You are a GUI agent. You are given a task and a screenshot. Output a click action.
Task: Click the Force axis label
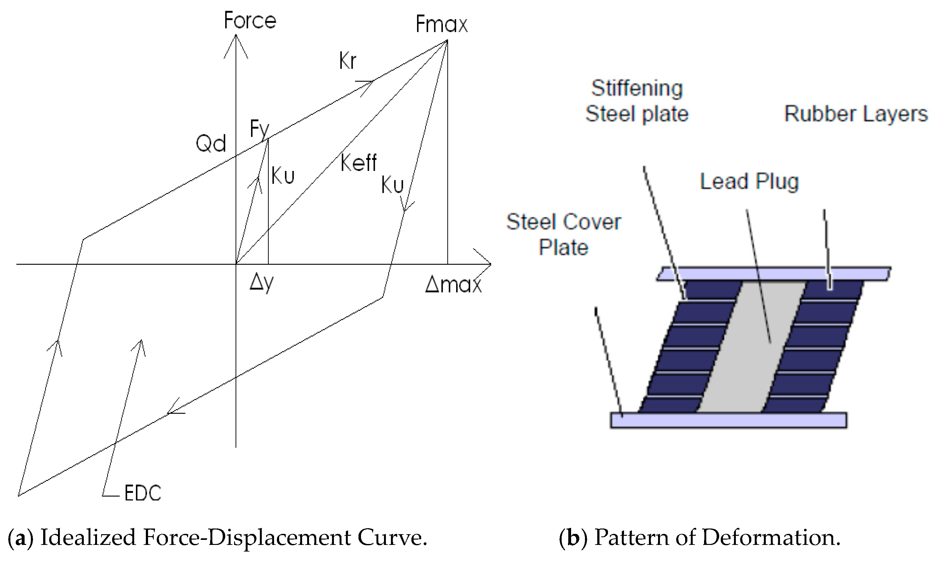[x=250, y=20]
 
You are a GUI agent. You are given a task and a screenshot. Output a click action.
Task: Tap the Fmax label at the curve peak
[x=441, y=25]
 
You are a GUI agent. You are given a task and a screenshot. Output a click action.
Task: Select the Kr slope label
[x=347, y=61]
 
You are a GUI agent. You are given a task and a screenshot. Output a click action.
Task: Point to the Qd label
[x=211, y=144]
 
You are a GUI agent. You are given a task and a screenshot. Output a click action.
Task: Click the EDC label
[x=143, y=493]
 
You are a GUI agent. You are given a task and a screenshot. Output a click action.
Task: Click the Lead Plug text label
[x=749, y=181]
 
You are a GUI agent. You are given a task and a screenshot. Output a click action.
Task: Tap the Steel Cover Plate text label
[x=563, y=234]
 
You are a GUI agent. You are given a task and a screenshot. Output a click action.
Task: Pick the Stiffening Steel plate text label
[x=637, y=101]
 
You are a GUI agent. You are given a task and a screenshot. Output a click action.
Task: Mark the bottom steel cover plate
[x=729, y=420]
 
